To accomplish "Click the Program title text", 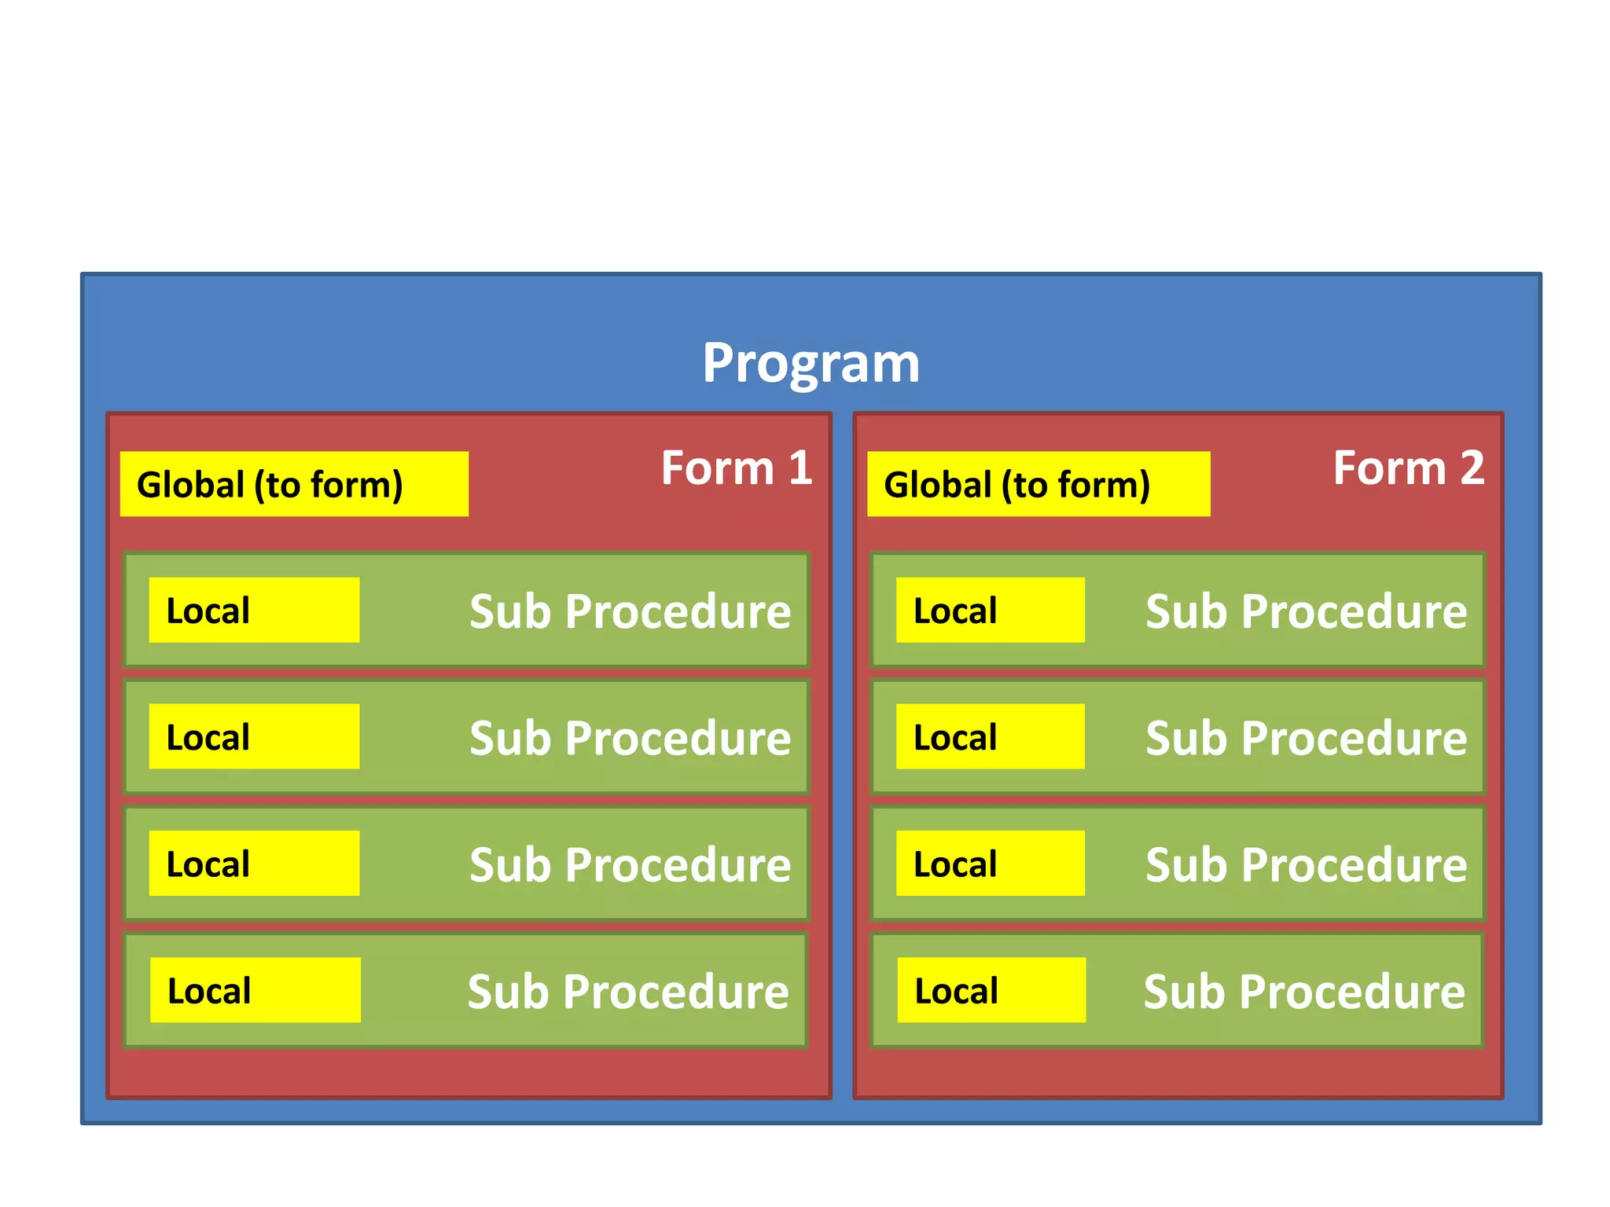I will tap(811, 363).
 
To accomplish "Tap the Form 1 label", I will tap(736, 468).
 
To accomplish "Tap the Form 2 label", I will tap(1408, 468).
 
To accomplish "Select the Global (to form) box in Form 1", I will tap(294, 484).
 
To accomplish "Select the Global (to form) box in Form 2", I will tap(1038, 484).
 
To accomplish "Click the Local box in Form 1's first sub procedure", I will tap(254, 611).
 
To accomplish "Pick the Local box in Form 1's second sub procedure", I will tap(254, 736).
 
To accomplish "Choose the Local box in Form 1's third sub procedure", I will tap(254, 864).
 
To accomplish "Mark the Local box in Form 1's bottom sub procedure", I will tap(255, 990).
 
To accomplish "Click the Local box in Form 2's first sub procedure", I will tap(990, 611).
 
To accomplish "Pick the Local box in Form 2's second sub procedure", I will tap(990, 736).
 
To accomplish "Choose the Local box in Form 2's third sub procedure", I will tap(990, 864).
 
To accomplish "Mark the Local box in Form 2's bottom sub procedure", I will tap(991, 990).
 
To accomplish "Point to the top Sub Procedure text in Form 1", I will tap(630, 611).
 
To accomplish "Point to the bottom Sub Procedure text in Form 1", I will tap(628, 992).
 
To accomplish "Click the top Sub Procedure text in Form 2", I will tap(1306, 611).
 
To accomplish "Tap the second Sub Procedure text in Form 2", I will tap(1306, 739).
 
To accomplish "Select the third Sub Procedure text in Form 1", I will tap(630, 865).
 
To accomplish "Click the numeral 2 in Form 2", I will tap(1472, 468).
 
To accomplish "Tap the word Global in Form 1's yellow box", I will tap(190, 485).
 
